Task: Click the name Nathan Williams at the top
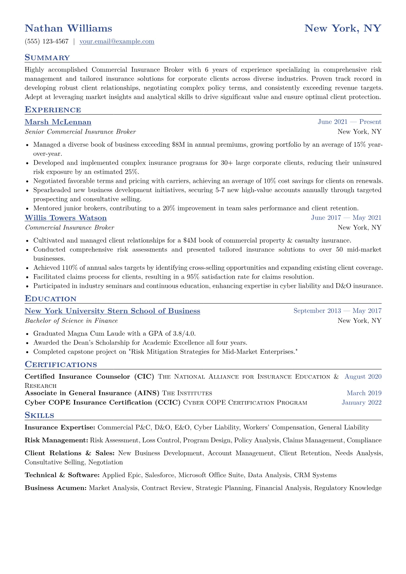click(x=68, y=28)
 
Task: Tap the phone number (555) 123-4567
click(x=47, y=42)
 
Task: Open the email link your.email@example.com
click(x=117, y=42)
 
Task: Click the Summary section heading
click(x=47, y=58)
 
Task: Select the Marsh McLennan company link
click(x=58, y=122)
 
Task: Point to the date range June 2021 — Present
click(x=349, y=122)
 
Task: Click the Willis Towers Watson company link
click(x=66, y=218)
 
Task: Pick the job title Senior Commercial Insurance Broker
click(x=80, y=132)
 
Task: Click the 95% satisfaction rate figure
click(x=193, y=277)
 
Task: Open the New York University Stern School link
click(x=112, y=311)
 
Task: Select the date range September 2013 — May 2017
click(x=337, y=311)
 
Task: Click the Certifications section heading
click(x=61, y=365)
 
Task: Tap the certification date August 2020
click(x=363, y=377)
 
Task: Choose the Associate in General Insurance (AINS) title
click(x=92, y=393)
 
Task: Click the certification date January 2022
click(x=361, y=402)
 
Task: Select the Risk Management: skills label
click(x=56, y=440)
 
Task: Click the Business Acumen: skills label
click(x=56, y=488)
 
